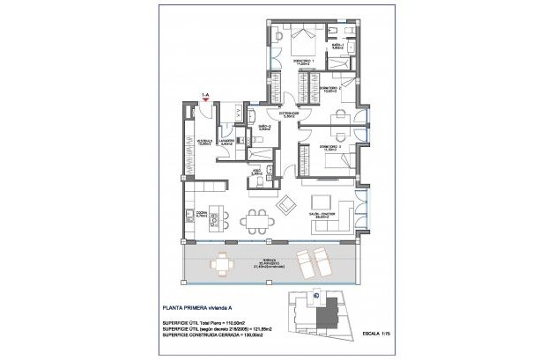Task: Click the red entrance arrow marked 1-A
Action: point(205,100)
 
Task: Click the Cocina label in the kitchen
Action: point(201,215)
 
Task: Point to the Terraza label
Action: point(273,262)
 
